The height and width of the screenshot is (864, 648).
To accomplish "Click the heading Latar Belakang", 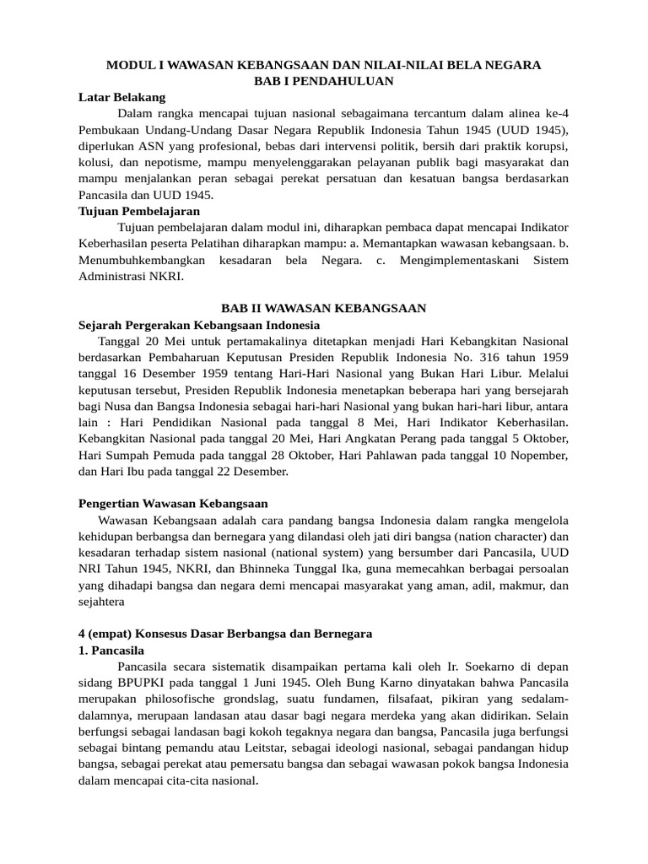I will pyautogui.click(x=121, y=97).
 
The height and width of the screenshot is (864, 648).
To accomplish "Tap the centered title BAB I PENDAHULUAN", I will pyautogui.click(x=324, y=81).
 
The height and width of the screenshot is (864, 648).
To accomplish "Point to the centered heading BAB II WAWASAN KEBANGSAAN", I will pyautogui.click(x=323, y=309).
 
